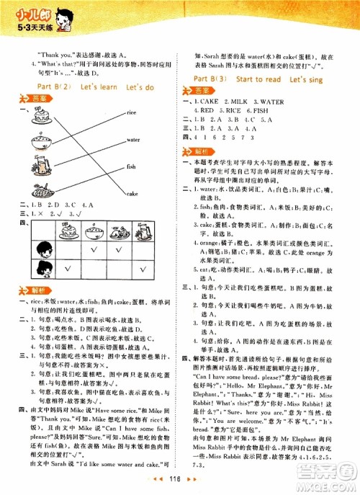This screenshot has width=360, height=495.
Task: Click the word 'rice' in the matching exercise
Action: click(x=132, y=113)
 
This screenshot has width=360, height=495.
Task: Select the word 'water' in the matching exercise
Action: click(x=132, y=140)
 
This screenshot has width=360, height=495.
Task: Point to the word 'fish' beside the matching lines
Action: click(x=131, y=166)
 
